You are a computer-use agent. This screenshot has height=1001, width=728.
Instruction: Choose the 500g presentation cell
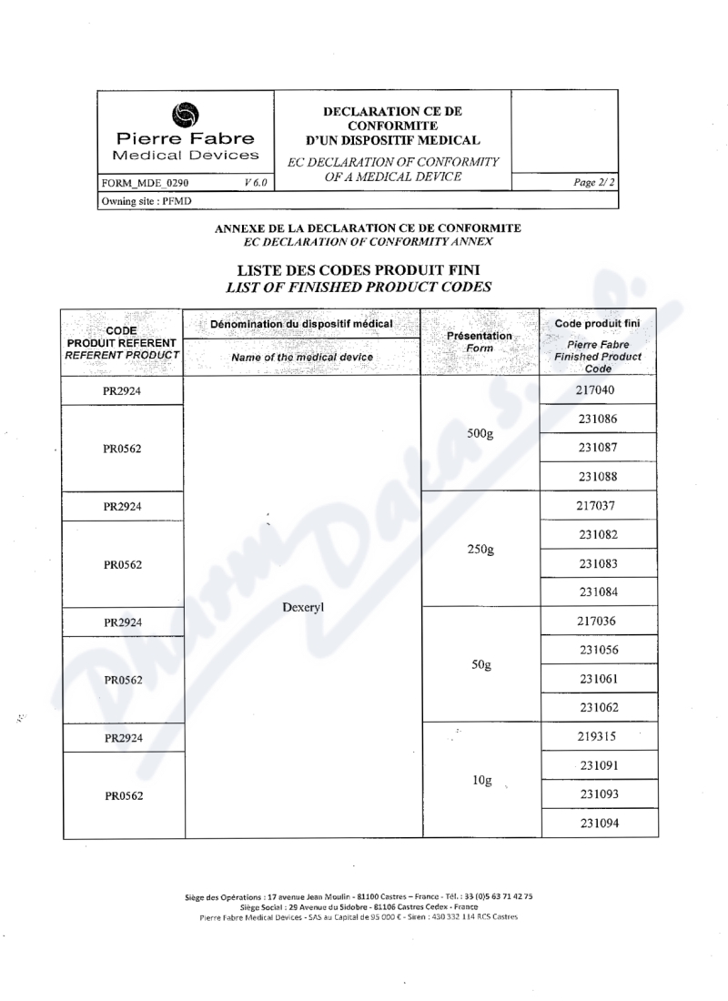pyautogui.click(x=480, y=434)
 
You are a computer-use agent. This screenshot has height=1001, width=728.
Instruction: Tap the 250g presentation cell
pyautogui.click(x=480, y=550)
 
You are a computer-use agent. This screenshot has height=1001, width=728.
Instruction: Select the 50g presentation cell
pyautogui.click(x=481, y=665)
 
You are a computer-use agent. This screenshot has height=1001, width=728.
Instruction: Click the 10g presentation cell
pyautogui.click(x=482, y=781)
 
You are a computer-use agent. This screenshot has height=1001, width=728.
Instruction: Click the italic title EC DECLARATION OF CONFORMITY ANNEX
pyautogui.click(x=368, y=241)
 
